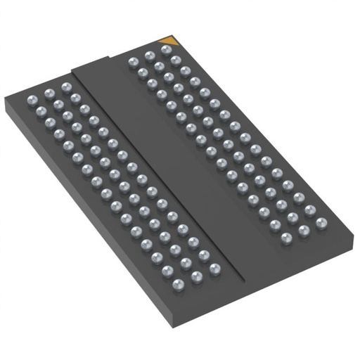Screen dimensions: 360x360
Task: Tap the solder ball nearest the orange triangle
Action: pyautogui.click(x=167, y=50)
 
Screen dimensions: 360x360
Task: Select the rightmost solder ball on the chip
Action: pyautogui.click(x=322, y=224)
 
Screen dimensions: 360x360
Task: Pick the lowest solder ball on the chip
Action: pyautogui.click(x=178, y=284)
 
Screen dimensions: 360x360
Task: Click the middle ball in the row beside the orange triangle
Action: pyautogui.click(x=148, y=55)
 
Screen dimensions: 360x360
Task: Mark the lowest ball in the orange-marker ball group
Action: pyautogui.click(x=287, y=238)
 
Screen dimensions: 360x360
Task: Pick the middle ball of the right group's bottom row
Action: pyautogui.click(x=304, y=230)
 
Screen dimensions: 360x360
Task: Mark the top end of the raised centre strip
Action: pyautogui.click(x=91, y=63)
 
